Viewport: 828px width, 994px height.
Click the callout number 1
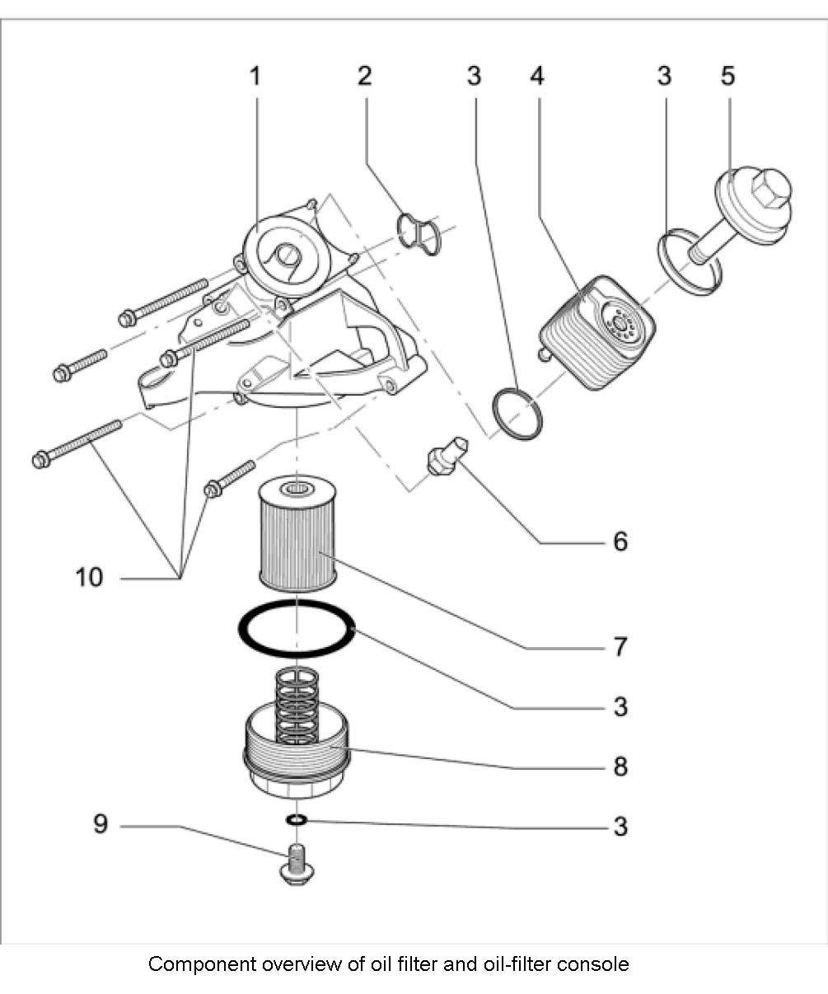pyautogui.click(x=255, y=77)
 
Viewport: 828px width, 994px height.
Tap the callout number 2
pyautogui.click(x=364, y=77)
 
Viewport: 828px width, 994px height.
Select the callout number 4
pyautogui.click(x=536, y=77)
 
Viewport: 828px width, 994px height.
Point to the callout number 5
pyautogui.click(x=727, y=77)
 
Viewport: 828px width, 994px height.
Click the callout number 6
pyautogui.click(x=620, y=542)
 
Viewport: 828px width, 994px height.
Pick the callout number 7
pyautogui.click(x=620, y=646)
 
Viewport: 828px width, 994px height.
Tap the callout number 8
pyautogui.click(x=620, y=767)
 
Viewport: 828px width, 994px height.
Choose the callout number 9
pyautogui.click(x=100, y=824)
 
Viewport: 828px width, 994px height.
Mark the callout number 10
pyautogui.click(x=89, y=578)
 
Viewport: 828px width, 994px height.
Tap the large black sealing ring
pyautogui.click(x=297, y=628)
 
